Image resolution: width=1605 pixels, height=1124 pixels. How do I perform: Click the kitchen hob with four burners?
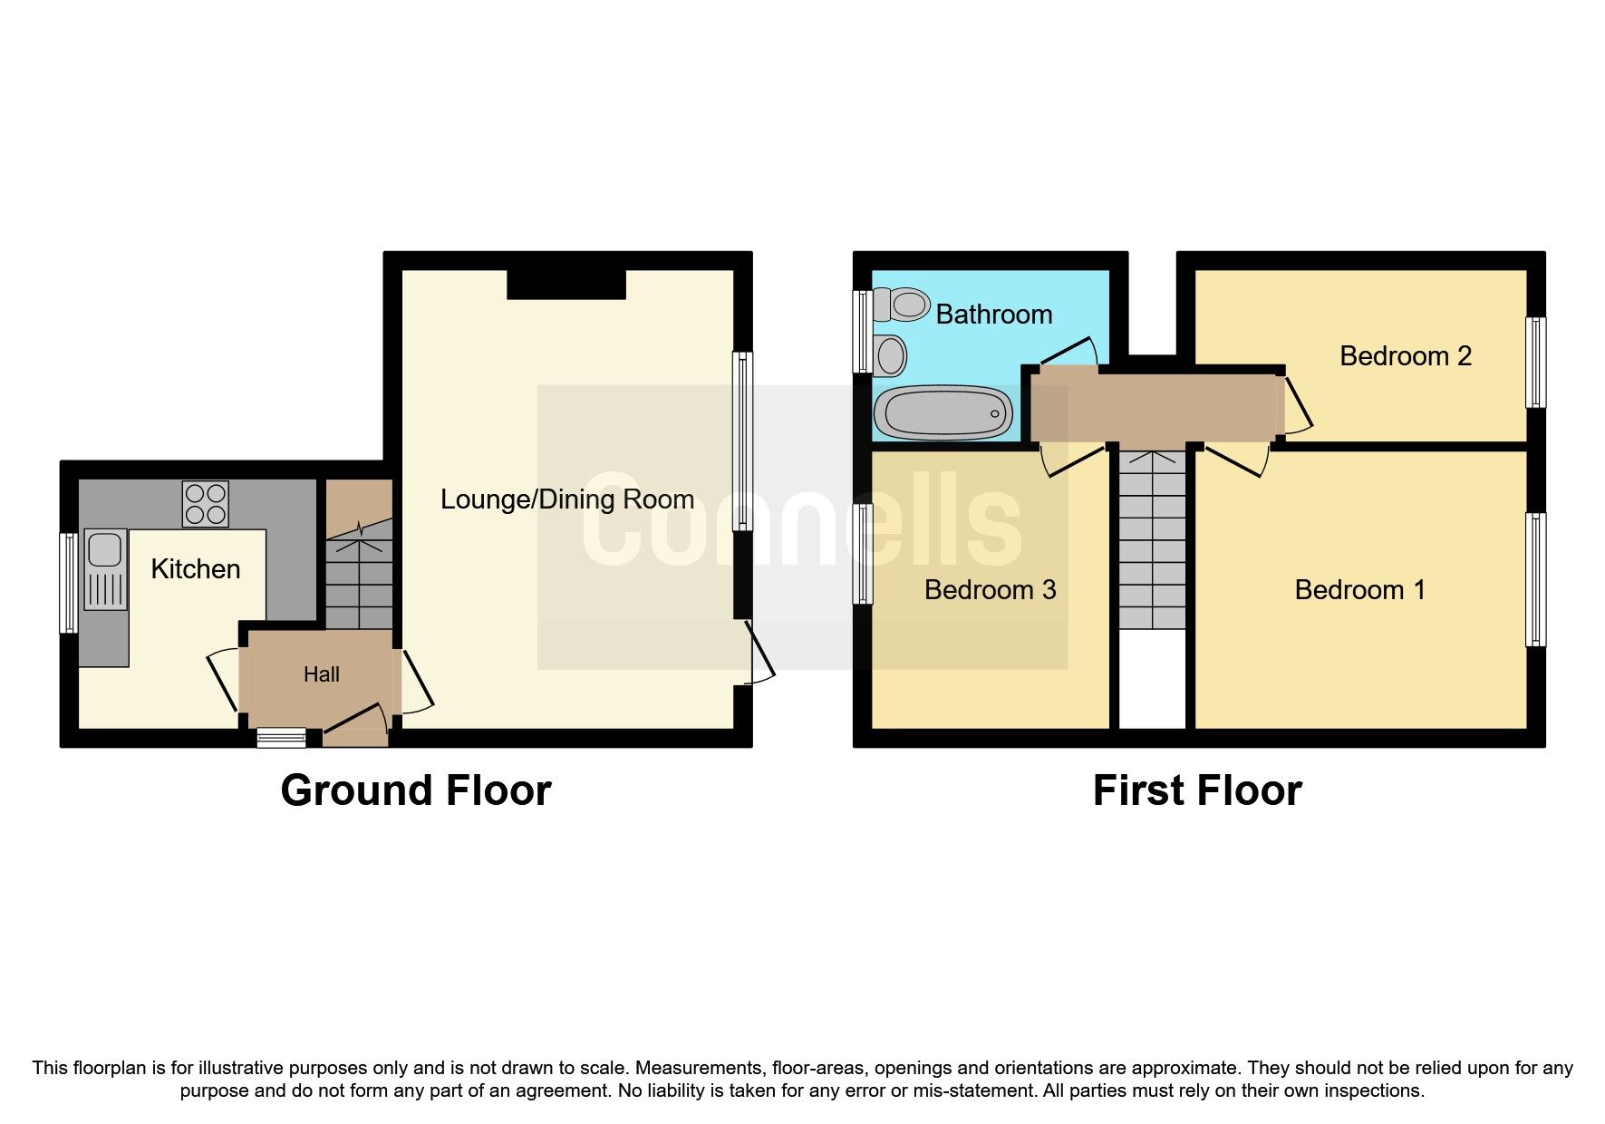point(206,504)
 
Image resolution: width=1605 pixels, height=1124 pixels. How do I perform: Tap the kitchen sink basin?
point(104,549)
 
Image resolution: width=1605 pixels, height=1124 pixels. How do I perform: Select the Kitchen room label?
point(196,569)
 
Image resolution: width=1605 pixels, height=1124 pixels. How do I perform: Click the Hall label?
point(322,674)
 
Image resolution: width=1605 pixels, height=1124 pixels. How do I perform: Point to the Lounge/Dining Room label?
point(567,499)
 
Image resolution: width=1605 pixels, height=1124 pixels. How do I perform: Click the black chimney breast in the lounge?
point(566,284)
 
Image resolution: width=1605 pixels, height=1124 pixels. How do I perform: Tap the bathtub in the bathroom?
point(943,413)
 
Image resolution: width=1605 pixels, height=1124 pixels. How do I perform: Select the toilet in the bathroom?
point(903,304)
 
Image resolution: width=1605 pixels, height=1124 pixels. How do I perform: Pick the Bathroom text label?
point(993,315)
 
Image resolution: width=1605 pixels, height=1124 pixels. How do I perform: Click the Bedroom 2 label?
point(1405,356)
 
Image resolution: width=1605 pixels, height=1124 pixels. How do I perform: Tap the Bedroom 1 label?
point(1359,590)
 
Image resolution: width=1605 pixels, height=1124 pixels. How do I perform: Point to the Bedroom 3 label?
point(990,590)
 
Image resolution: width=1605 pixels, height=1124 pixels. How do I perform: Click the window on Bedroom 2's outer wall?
point(1535,362)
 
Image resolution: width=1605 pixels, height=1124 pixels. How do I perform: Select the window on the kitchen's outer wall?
point(69,582)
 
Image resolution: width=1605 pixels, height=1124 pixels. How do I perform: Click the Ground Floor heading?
point(416,790)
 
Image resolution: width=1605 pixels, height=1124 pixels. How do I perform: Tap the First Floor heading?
point(1197,790)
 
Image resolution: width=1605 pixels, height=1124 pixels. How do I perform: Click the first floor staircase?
point(1152,539)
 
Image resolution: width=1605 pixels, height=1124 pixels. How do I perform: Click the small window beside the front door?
point(281,738)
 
